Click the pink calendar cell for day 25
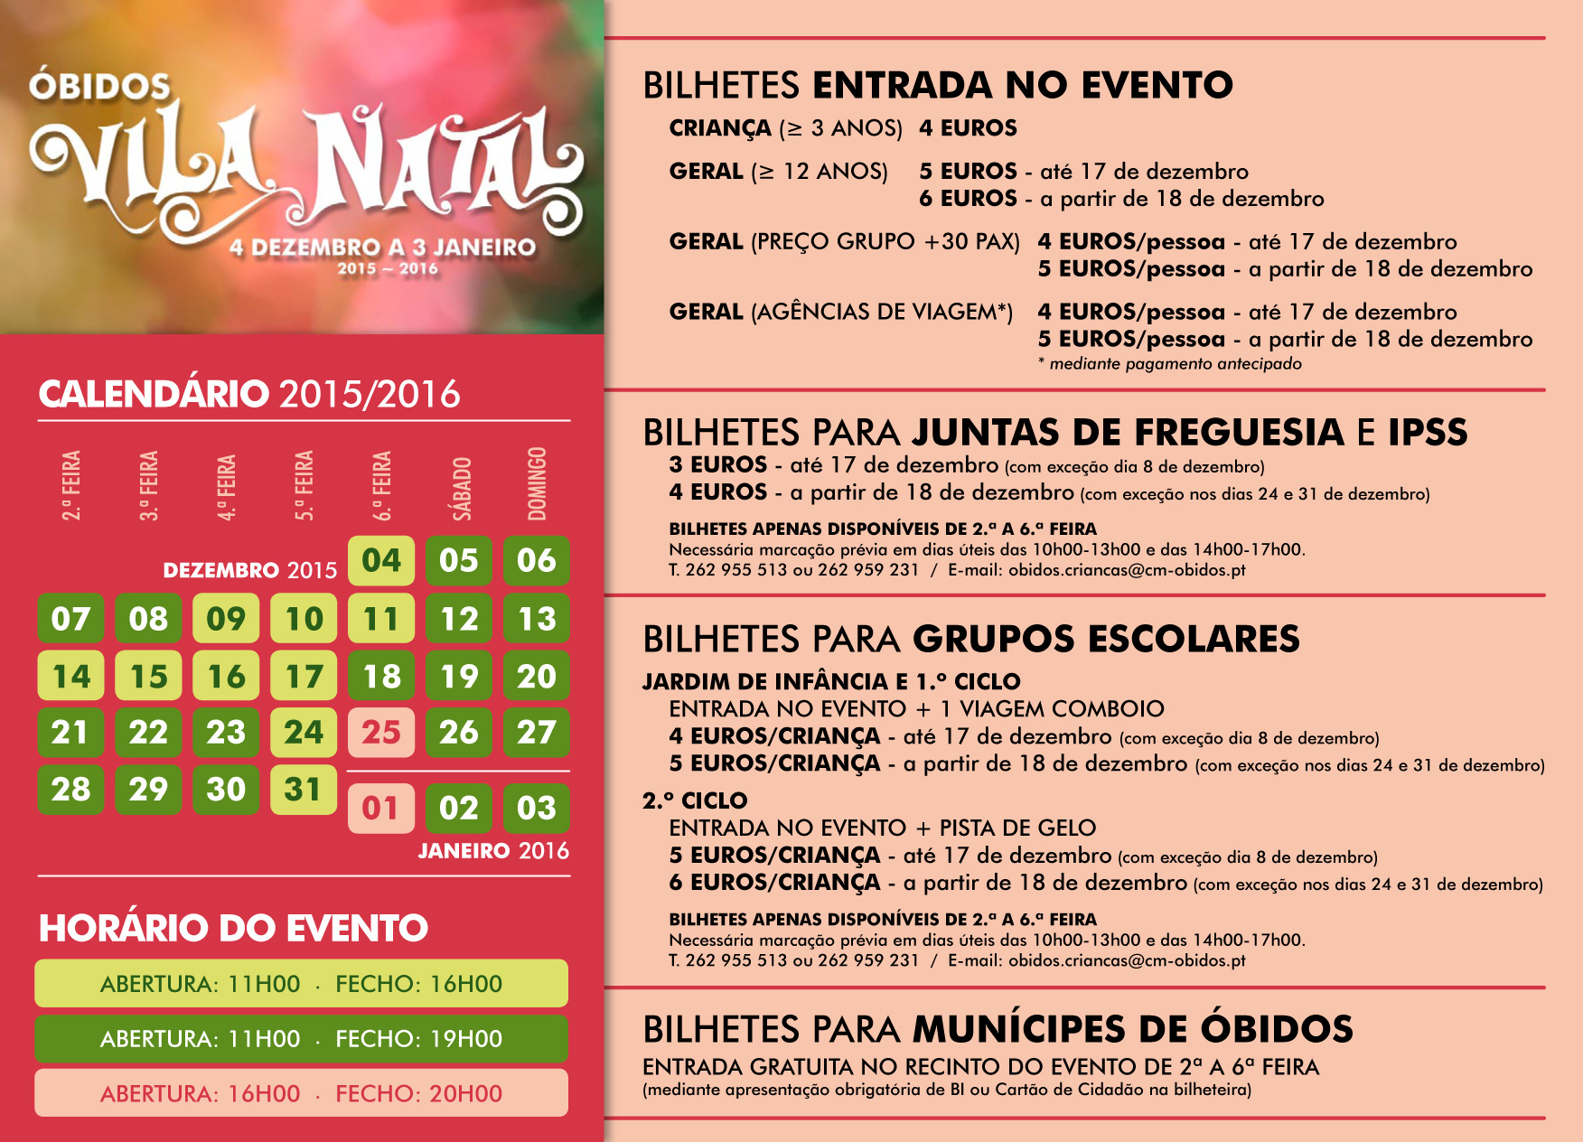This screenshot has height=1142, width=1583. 381,733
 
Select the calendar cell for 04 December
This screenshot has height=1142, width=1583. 381,561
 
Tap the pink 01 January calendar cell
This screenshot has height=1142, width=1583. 381,808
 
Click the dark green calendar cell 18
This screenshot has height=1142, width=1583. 381,677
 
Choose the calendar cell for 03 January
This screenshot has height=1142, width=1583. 537,808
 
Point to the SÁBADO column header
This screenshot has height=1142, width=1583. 462,488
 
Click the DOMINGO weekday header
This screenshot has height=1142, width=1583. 538,484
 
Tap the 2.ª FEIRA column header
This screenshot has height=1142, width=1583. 71,485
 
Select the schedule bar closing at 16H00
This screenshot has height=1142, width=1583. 301,984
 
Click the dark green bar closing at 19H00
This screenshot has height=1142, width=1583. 301,1039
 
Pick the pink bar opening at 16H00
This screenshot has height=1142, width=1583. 301,1094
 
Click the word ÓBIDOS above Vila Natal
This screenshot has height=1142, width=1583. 99,87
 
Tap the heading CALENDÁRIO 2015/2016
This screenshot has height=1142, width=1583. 249,395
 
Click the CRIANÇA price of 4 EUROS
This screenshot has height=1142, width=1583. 968,128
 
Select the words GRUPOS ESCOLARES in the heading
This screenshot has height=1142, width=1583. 1106,639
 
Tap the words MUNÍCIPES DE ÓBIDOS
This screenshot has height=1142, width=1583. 1133,1029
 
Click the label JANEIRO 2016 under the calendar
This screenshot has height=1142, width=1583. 493,851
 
